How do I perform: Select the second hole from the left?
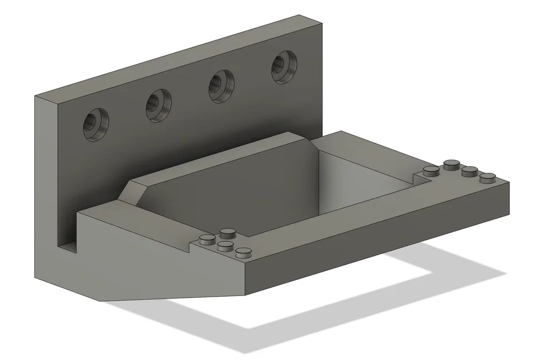pyautogui.click(x=158, y=104)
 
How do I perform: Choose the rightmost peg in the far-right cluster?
pyautogui.click(x=488, y=177)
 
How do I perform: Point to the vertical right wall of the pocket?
pyautogui.click(x=369, y=173)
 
